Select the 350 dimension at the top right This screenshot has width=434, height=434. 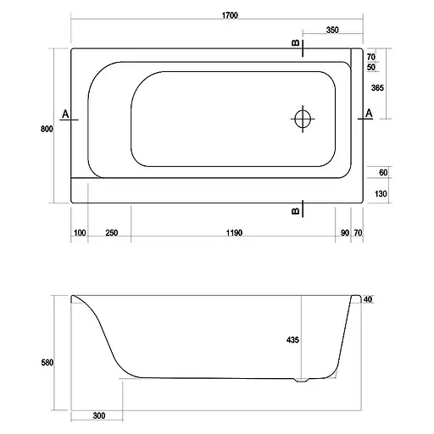332,30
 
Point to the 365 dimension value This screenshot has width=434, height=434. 378,88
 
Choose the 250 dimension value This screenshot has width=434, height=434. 111,233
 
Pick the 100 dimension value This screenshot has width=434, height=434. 81,233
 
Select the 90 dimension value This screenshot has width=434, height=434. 344,233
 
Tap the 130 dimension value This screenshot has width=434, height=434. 381,193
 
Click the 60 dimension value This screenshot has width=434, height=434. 382,173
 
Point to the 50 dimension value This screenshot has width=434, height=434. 371,68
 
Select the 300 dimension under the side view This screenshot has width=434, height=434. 100,416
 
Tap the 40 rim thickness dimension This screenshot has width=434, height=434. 369,299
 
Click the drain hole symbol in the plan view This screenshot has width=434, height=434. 302,120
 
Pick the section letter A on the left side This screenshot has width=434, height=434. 65,113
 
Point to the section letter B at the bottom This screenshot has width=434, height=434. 294,210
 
